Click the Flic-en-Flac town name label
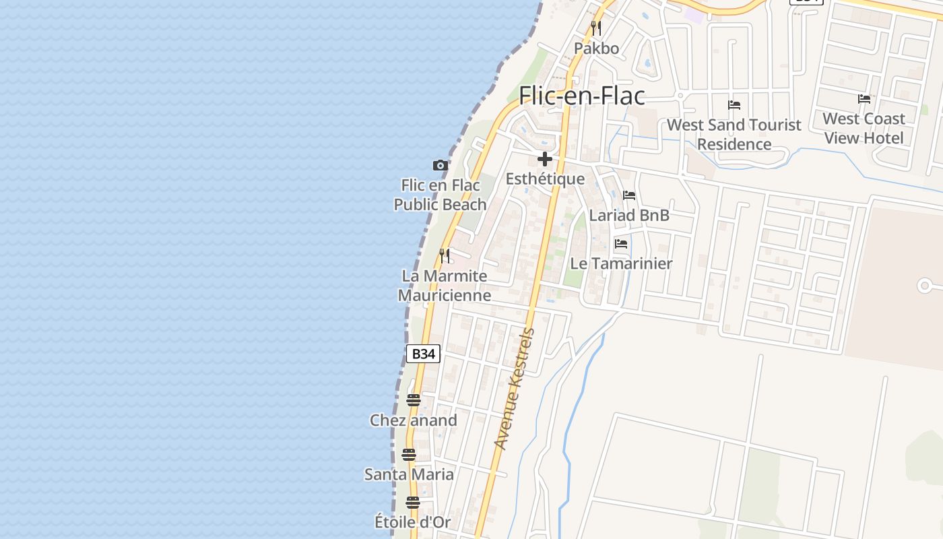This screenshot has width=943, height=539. click(x=581, y=96)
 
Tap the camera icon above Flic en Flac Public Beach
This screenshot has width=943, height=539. click(x=440, y=165)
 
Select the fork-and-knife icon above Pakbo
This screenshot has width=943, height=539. click(x=595, y=28)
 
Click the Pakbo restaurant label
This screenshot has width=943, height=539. click(x=596, y=49)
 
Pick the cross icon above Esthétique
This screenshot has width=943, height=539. click(x=545, y=160)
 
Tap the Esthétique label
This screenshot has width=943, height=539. click(x=545, y=179)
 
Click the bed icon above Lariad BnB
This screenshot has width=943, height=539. click(x=629, y=195)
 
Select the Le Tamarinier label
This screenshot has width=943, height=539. click(x=621, y=263)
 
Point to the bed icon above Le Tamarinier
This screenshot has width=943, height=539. click(x=621, y=244)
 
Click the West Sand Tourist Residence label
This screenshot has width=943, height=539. click(x=734, y=134)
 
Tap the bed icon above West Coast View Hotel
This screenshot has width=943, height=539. click(x=864, y=99)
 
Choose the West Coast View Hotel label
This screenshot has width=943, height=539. click(x=864, y=128)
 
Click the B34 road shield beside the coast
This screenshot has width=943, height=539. click(x=423, y=354)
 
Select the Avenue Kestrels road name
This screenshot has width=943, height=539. click(x=514, y=389)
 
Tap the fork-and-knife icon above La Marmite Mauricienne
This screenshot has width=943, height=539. click(x=445, y=256)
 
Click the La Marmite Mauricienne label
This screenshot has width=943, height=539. click(x=445, y=286)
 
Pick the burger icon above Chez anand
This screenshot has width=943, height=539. click(x=414, y=400)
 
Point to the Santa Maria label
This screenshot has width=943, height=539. click(x=409, y=474)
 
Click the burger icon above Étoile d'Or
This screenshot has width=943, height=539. click(x=413, y=503)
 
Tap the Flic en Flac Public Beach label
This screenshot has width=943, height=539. click(x=441, y=195)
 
